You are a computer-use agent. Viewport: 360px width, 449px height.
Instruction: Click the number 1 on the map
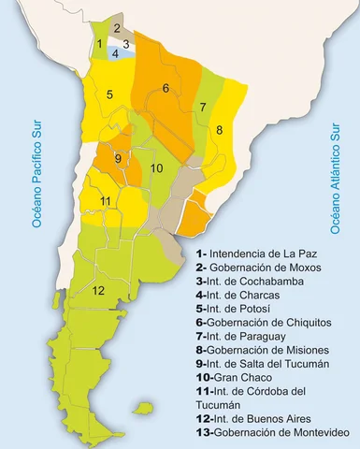click(99, 44)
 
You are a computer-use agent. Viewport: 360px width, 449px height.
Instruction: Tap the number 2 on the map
click(117, 28)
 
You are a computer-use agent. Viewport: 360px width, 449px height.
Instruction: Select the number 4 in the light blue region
click(115, 54)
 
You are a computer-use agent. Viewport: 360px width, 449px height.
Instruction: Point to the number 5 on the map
click(109, 94)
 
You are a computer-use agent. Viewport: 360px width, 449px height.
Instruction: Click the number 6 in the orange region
click(166, 89)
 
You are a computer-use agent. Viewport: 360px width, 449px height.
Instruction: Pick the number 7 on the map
click(202, 108)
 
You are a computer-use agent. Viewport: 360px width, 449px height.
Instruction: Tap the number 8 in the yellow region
click(220, 131)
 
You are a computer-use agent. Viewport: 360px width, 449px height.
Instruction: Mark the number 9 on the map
click(117, 158)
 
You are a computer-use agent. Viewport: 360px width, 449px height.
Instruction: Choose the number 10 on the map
click(157, 168)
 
